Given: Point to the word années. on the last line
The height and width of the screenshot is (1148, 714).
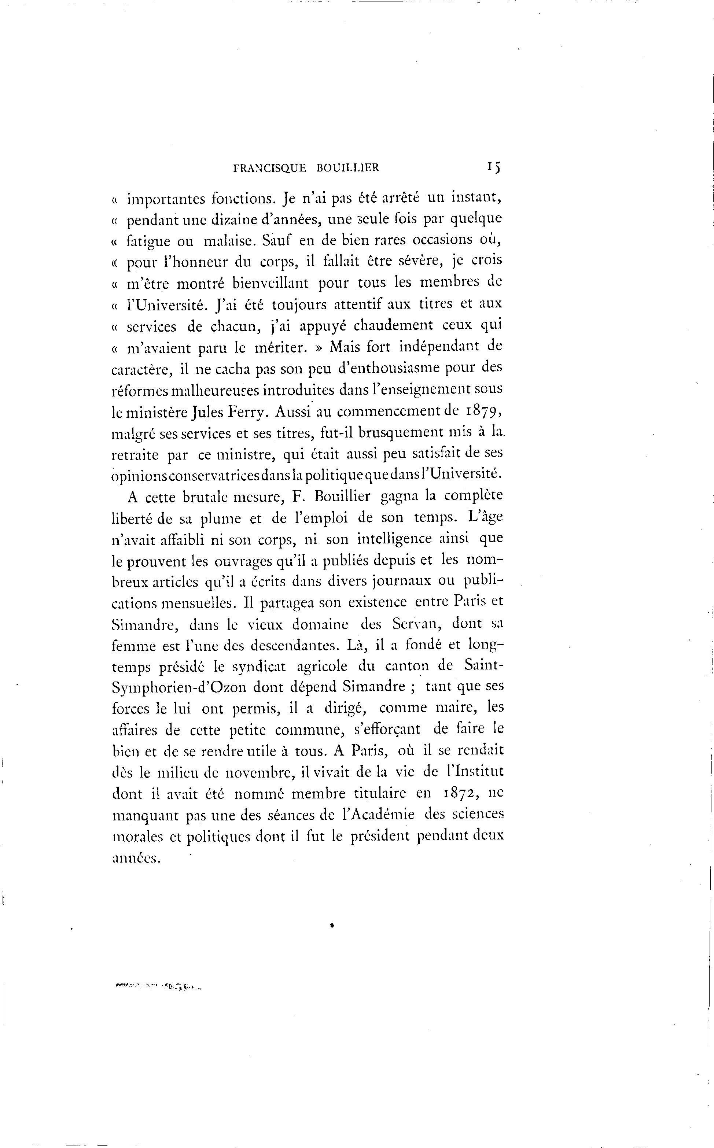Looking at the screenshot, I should [137, 858].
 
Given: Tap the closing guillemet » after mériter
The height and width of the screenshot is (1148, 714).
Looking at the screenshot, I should [318, 347].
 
